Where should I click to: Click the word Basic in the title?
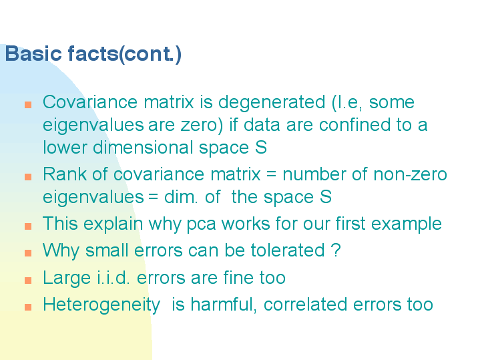[x=33, y=53]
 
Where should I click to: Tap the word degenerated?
[x=272, y=103]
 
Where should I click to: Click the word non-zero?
[x=410, y=174]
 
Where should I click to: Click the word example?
[x=406, y=224]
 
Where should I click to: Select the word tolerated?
[x=288, y=250]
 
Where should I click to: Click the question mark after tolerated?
[x=336, y=250]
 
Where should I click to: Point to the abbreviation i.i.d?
[x=114, y=277]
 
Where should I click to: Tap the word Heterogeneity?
[x=101, y=305]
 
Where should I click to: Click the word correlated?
[x=305, y=305]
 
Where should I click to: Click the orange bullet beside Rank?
[x=28, y=177]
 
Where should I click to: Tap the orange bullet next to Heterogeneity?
[x=28, y=307]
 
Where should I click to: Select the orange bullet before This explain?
[x=28, y=226]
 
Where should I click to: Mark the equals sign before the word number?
[x=271, y=174]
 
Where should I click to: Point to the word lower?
[x=65, y=148]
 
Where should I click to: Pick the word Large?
[x=67, y=279]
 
